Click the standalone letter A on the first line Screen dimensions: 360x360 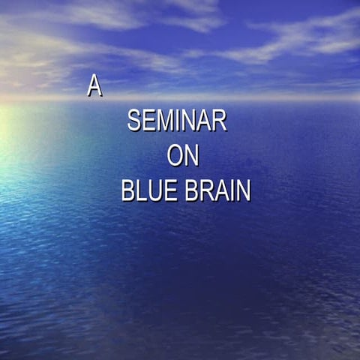point(94,86)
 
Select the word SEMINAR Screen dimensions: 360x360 point(177,121)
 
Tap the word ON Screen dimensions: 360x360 point(183,156)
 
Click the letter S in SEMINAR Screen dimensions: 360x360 point(134,121)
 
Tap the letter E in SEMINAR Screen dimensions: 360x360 point(150,121)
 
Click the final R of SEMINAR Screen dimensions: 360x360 point(219,121)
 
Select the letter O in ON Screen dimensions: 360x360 point(175,156)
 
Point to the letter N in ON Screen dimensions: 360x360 point(192,156)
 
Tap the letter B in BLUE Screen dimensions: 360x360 point(128,190)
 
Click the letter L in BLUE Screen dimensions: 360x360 point(142,190)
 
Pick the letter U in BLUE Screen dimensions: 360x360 point(154,190)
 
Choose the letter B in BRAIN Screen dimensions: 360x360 point(192,190)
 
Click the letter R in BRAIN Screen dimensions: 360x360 point(206,190)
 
